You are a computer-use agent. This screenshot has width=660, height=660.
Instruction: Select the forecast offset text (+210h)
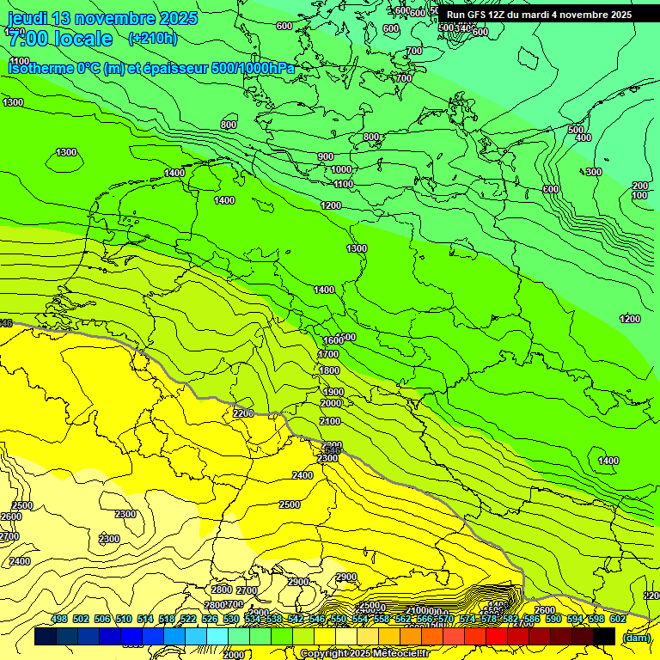pos(153,38)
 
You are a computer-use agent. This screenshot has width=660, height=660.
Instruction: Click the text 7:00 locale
pos(59,39)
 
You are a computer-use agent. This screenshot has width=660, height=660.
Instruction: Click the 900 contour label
pos(326,156)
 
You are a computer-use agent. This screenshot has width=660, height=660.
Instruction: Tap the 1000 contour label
pos(341,170)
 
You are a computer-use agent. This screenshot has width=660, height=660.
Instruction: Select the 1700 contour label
pos(328,354)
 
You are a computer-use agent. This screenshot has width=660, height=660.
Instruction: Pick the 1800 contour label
pos(330,370)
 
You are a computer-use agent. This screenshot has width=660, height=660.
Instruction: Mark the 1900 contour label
pos(333,392)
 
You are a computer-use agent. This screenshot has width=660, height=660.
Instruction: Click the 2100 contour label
pos(329,421)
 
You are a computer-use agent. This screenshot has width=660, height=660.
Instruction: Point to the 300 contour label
pos(594,172)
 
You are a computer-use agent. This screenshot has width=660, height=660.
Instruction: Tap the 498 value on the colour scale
pos(59,619)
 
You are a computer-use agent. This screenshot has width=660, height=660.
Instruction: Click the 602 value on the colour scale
pos(617,619)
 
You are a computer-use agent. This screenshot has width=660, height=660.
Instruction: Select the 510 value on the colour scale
pos(124,619)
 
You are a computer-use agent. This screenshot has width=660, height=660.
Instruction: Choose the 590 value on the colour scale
pos(553,619)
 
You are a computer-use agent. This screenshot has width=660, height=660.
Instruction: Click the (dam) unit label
pos(636,637)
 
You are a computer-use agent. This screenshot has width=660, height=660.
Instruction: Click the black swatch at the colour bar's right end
pos(605,636)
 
